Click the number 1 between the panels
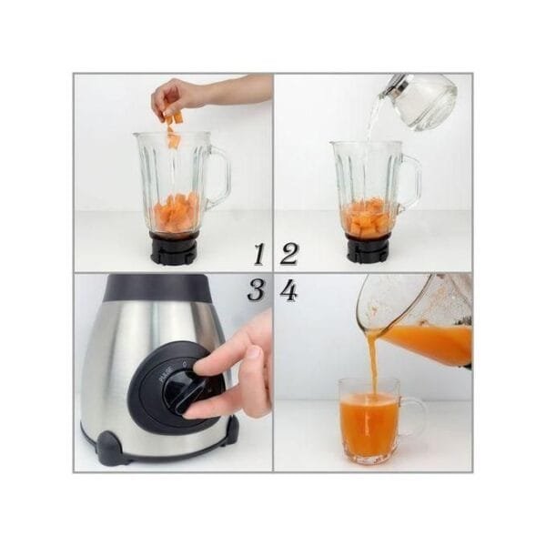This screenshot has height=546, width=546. (x=258, y=254)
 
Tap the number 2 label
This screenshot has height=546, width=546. (x=289, y=254)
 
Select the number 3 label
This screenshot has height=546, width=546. (x=258, y=291)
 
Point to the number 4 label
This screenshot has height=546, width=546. (x=288, y=291)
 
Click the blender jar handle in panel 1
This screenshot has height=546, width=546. (x=218, y=177)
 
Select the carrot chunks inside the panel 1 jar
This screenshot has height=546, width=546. (x=173, y=215)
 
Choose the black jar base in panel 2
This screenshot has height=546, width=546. (x=368, y=248)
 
